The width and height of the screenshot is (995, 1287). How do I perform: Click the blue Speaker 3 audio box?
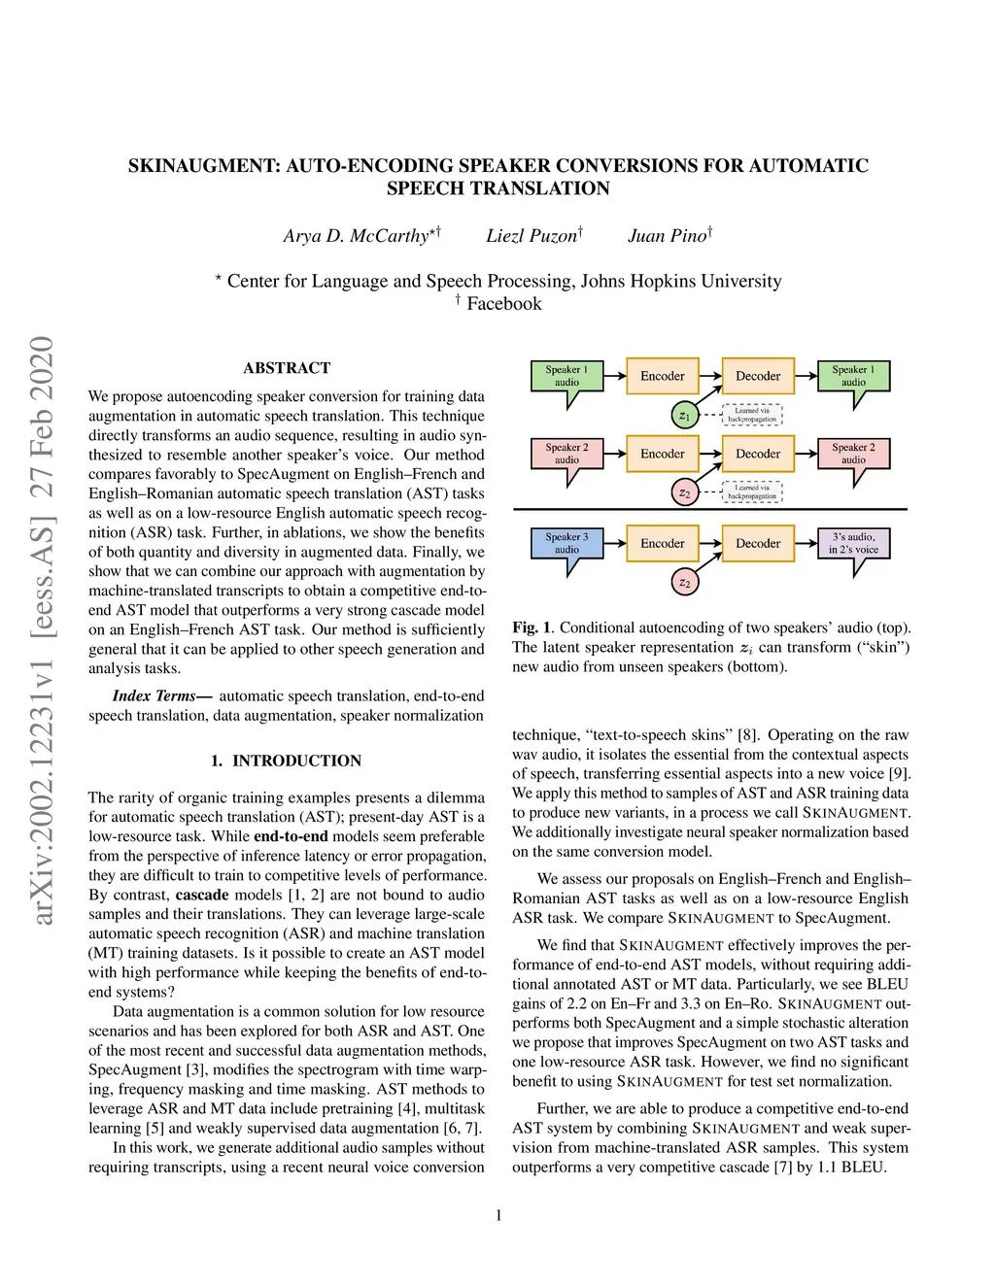(x=566, y=543)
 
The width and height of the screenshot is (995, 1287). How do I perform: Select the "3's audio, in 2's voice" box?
(x=853, y=543)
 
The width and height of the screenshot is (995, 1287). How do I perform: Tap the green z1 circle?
(x=684, y=416)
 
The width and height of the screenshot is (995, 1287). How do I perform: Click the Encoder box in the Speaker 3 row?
(x=662, y=543)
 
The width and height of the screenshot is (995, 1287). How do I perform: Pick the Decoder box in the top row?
(x=758, y=376)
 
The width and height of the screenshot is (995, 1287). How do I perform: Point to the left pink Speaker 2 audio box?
(x=566, y=454)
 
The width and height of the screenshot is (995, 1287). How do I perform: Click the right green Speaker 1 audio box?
(x=853, y=376)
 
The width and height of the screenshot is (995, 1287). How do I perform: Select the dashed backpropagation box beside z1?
(x=752, y=415)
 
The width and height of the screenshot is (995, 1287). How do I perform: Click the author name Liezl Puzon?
(x=532, y=236)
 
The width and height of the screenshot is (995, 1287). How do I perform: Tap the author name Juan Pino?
(x=668, y=236)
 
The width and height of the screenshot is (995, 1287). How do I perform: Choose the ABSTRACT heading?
(x=287, y=368)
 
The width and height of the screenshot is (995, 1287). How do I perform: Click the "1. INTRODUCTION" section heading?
(x=286, y=761)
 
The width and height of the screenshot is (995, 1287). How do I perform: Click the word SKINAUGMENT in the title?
(x=203, y=166)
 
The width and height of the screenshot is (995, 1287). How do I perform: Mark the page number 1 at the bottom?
(x=498, y=1215)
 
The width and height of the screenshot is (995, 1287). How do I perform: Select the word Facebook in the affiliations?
(x=503, y=304)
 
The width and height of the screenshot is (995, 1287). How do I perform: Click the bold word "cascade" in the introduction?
(x=202, y=895)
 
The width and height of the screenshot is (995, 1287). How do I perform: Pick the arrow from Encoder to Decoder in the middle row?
(x=709, y=454)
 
